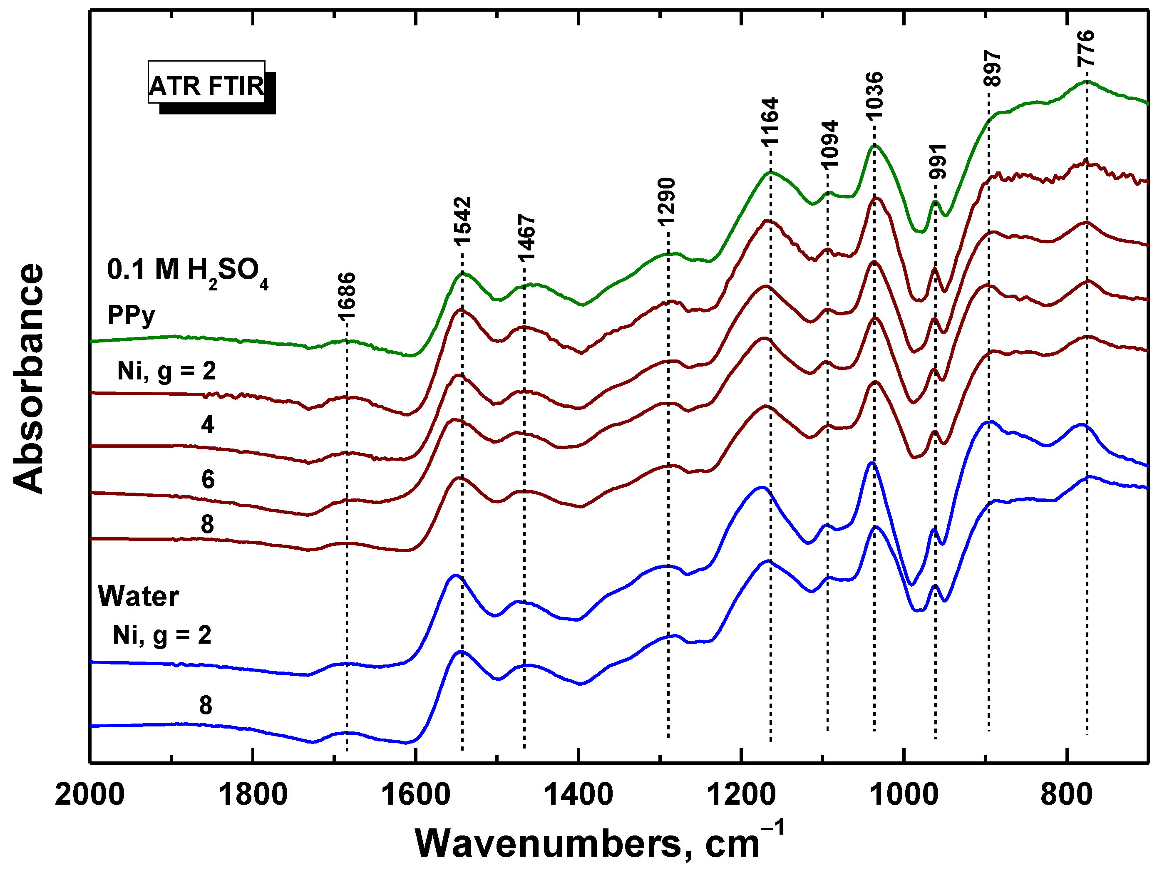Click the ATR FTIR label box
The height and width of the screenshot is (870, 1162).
[206, 86]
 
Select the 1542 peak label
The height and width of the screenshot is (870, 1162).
[463, 221]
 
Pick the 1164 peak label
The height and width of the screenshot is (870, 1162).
[770, 121]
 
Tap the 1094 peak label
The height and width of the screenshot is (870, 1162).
[829, 144]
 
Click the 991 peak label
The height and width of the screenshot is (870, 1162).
[937, 161]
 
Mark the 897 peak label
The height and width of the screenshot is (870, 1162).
[992, 68]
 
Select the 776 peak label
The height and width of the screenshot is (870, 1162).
[1086, 48]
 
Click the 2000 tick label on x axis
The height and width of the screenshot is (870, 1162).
[90, 794]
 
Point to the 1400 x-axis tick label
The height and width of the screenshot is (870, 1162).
[579, 794]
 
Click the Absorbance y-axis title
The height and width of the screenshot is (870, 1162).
[29, 378]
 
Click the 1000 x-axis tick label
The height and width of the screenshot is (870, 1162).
[904, 794]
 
